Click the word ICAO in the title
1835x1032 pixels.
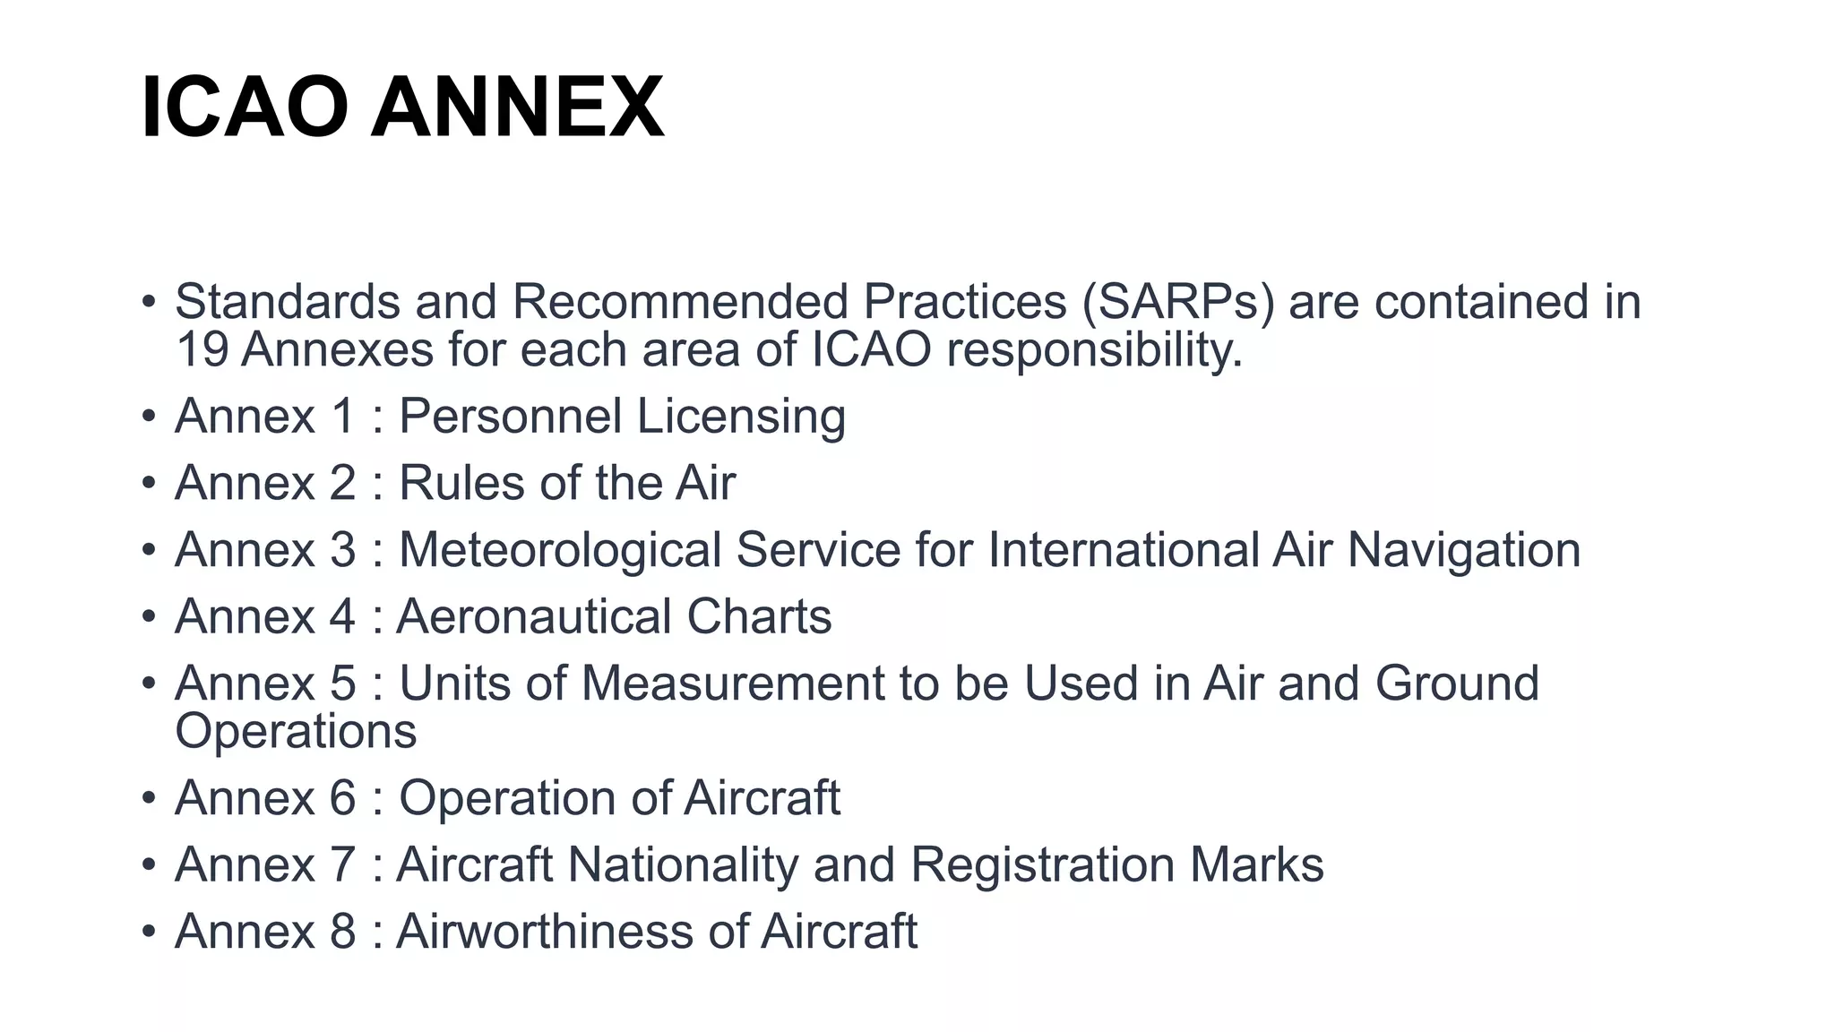[x=244, y=108]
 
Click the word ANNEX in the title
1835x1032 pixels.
[x=518, y=108]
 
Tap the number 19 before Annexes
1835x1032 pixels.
[x=202, y=349]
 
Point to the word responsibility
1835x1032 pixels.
[x=1094, y=349]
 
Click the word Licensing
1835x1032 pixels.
[x=741, y=417]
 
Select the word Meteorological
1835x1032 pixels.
[x=560, y=550]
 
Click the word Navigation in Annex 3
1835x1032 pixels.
[x=1464, y=550]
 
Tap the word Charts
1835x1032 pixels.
[x=759, y=616]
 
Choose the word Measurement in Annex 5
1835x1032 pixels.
[x=733, y=684]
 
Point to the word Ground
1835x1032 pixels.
[x=1457, y=684]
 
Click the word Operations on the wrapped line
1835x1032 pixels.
[x=296, y=731]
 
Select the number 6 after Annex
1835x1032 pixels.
[x=343, y=798]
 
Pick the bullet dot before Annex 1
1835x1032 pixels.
[x=149, y=417]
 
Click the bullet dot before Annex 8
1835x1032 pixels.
[x=149, y=932]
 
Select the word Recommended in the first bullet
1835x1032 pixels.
[x=680, y=302]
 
